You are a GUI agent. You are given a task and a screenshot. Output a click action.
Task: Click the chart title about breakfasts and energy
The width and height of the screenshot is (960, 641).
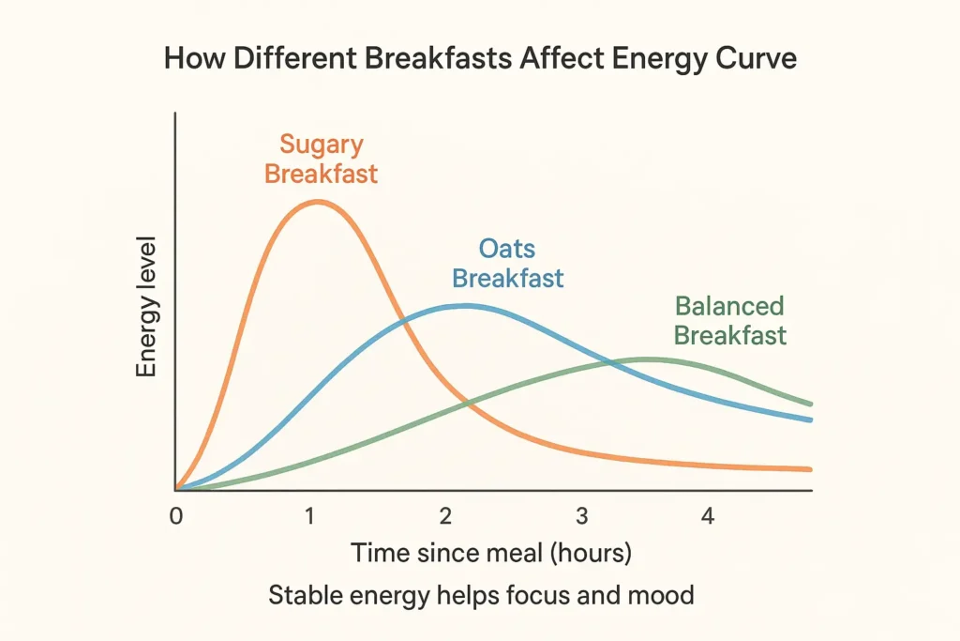click(x=480, y=58)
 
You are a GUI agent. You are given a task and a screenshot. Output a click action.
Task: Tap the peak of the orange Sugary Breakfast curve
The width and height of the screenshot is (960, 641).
click(x=317, y=202)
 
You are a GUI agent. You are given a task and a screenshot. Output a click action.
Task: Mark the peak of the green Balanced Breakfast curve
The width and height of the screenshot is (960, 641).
click(x=645, y=359)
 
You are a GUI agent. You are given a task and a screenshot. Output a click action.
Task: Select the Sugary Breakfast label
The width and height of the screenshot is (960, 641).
click(x=321, y=160)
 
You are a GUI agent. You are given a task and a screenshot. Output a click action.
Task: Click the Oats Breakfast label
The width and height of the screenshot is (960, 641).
click(x=507, y=264)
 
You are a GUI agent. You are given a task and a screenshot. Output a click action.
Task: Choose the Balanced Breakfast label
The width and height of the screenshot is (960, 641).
click(x=729, y=321)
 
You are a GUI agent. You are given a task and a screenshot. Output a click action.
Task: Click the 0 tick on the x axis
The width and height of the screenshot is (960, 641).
click(x=175, y=515)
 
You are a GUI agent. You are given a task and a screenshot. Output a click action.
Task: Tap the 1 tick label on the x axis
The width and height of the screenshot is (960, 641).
click(x=308, y=515)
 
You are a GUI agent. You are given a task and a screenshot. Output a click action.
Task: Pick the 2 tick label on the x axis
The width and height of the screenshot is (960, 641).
click(x=446, y=515)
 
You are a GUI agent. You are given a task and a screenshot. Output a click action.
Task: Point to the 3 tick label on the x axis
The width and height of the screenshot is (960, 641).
click(x=581, y=515)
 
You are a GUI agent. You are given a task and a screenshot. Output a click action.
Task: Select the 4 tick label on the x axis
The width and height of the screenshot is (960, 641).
click(x=708, y=515)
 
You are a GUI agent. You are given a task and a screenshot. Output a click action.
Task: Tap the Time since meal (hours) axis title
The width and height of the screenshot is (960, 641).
click(x=491, y=554)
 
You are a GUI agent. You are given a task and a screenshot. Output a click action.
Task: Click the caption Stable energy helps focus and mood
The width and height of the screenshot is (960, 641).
click(x=481, y=595)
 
